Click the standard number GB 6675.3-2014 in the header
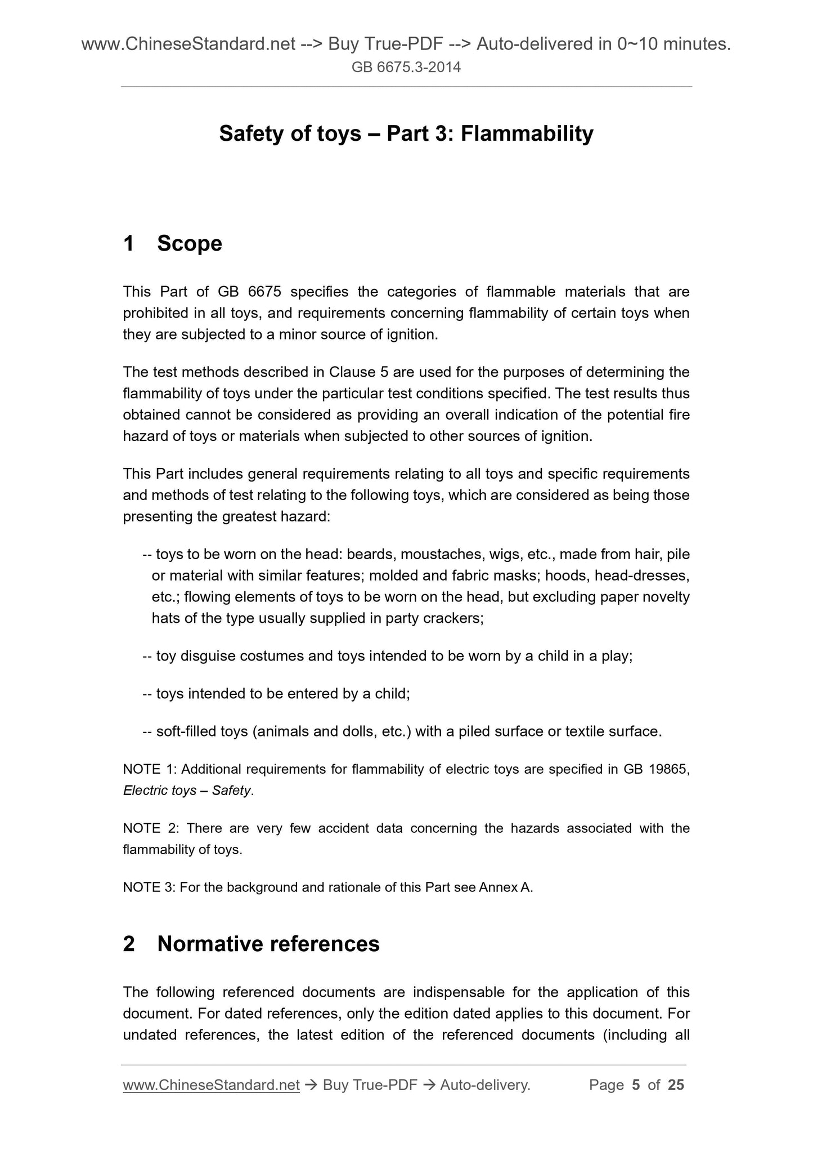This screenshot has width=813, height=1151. click(406, 68)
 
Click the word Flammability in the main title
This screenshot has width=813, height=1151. click(527, 134)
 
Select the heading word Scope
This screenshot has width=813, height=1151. click(190, 244)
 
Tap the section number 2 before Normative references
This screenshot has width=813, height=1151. click(129, 944)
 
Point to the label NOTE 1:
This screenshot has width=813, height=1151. click(150, 769)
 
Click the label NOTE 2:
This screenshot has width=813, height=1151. click(150, 828)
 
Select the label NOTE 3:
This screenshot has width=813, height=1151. click(150, 887)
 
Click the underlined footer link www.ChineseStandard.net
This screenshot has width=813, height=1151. click(211, 1085)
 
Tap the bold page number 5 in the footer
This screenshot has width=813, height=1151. click(636, 1085)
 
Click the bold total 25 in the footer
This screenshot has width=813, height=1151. click(676, 1085)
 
